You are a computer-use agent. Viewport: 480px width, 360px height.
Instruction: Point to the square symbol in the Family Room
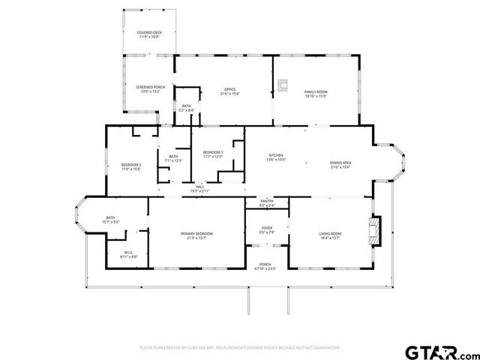click(x=283, y=85)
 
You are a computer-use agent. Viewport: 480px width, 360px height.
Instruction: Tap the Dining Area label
click(x=340, y=164)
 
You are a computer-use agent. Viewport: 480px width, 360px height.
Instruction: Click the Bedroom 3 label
click(x=213, y=154)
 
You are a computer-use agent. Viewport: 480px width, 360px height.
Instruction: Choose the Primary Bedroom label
click(x=196, y=236)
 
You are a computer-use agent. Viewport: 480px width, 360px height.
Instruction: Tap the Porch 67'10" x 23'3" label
click(x=265, y=266)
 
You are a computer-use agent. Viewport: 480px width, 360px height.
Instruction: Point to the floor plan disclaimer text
click(x=240, y=347)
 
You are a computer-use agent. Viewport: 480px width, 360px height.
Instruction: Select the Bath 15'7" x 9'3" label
click(x=110, y=220)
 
